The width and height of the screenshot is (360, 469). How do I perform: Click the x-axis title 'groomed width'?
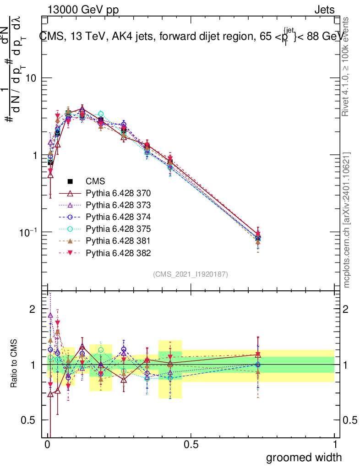coord(304,457)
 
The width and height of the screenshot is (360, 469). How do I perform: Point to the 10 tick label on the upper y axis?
coord(30,78)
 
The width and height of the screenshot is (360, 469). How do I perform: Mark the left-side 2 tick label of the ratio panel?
coord(32,310)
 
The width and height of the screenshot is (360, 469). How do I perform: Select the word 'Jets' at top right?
coord(324,10)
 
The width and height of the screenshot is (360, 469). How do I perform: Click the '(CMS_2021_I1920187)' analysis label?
coord(191,274)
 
